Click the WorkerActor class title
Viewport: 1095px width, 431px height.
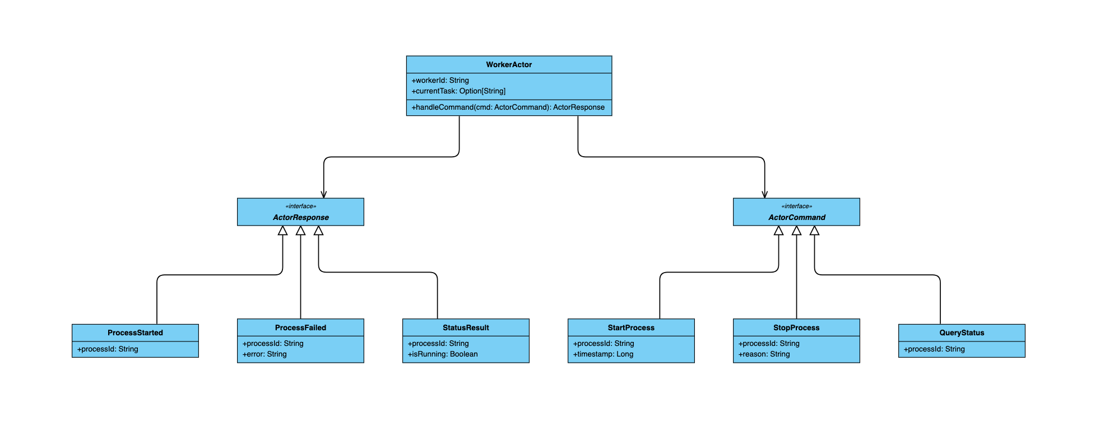pyautogui.click(x=509, y=64)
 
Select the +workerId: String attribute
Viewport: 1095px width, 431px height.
pyautogui.click(x=440, y=81)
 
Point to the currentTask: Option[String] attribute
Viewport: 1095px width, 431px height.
pyautogui.click(x=458, y=91)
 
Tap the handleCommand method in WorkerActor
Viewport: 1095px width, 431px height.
pyautogui.click(x=508, y=107)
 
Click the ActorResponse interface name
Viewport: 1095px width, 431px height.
pyautogui.click(x=301, y=217)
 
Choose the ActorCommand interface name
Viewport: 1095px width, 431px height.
pyautogui.click(x=797, y=217)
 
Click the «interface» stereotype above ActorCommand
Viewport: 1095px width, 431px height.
pyautogui.click(x=797, y=206)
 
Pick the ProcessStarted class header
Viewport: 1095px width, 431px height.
pyautogui.click(x=135, y=332)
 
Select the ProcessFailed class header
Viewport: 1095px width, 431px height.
pyautogui.click(x=300, y=327)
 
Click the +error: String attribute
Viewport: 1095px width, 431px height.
pyautogui.click(x=265, y=354)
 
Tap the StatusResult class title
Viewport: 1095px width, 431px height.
pyautogui.click(x=466, y=327)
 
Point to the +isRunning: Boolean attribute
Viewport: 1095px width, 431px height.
pyautogui.click(x=443, y=354)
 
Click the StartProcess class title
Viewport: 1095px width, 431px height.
pyautogui.click(x=631, y=327)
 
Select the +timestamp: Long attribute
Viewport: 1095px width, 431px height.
pyautogui.click(x=603, y=354)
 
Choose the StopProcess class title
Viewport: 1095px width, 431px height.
pyautogui.click(x=796, y=327)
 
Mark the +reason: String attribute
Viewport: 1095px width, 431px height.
pyautogui.click(x=764, y=354)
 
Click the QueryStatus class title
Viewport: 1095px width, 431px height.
pyautogui.click(x=962, y=332)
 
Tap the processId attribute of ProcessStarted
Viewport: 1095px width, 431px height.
pyautogui.click(x=108, y=349)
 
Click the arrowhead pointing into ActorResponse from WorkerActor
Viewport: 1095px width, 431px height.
pyautogui.click(x=323, y=195)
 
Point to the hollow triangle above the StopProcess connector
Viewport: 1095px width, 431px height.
pyautogui.click(x=796, y=231)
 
